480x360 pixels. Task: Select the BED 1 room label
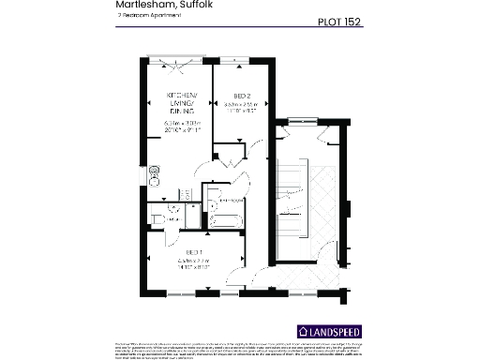pyautogui.click(x=192, y=253)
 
